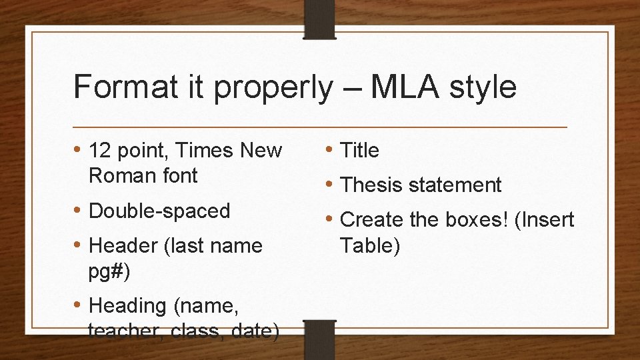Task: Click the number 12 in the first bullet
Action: point(99,151)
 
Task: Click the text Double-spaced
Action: point(159,211)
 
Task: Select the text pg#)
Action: point(109,271)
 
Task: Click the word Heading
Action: point(127,306)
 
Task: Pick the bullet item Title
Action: point(359,151)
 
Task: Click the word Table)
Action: point(369,245)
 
